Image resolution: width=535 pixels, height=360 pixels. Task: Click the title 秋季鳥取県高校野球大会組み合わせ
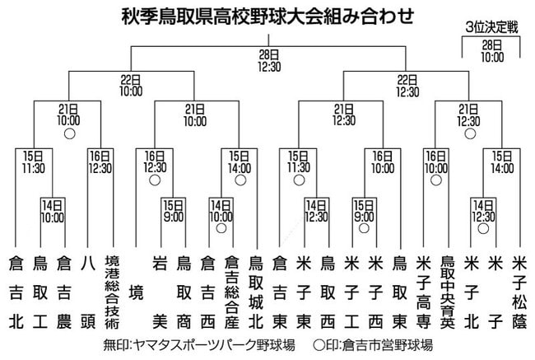pyautogui.click(x=267, y=16)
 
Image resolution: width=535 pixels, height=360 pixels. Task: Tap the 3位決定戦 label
pyautogui.click(x=491, y=27)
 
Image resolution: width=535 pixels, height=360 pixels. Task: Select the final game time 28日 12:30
pyautogui.click(x=269, y=60)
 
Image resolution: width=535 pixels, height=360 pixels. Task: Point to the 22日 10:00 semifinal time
pyautogui.click(x=131, y=86)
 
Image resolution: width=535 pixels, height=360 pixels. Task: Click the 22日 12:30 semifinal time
pyautogui.click(x=407, y=86)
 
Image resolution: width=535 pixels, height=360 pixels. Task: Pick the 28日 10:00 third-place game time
pyautogui.click(x=492, y=51)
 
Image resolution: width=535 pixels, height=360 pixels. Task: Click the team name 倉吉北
pyautogui.click(x=16, y=292)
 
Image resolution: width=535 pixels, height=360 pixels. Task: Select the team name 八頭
pyautogui.click(x=88, y=292)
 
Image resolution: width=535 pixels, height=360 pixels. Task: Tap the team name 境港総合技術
pyautogui.click(x=112, y=292)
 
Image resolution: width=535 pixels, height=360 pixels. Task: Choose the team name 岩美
pyautogui.click(x=160, y=292)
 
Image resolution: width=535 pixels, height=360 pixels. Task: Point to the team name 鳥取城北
pyautogui.click(x=255, y=292)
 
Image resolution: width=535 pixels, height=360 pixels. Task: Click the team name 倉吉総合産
pyautogui.click(x=231, y=292)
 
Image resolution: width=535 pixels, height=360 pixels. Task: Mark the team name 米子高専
pyautogui.click(x=423, y=292)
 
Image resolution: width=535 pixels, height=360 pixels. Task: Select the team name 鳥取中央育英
pyautogui.click(x=447, y=292)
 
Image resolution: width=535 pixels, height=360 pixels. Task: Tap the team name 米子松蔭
pyautogui.click(x=519, y=292)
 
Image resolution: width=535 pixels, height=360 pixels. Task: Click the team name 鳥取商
pyautogui.click(x=184, y=292)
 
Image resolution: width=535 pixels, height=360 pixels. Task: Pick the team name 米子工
pyautogui.click(x=351, y=292)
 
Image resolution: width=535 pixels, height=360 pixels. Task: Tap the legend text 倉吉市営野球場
pyautogui.click(x=388, y=345)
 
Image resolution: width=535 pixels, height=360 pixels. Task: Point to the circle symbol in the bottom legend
pyautogui.click(x=319, y=345)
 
